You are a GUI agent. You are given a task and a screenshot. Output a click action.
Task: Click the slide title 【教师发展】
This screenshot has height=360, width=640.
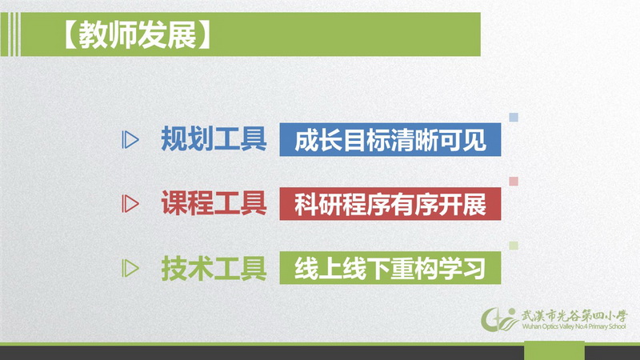point(138,34)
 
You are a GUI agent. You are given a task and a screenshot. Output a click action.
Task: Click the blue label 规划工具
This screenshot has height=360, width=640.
point(214,138)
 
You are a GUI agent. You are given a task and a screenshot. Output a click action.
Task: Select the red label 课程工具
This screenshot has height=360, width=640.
point(214,203)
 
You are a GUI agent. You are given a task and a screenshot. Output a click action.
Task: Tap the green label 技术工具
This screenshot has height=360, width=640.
point(214,268)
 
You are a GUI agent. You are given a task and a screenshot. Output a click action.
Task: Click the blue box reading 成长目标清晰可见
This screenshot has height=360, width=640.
point(390,139)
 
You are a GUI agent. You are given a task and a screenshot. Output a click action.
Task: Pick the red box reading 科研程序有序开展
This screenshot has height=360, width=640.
point(390,204)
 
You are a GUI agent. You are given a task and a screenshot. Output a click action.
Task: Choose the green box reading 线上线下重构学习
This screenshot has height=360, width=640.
point(390,268)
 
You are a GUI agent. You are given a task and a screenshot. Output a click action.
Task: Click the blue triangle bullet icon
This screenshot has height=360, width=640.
point(130,139)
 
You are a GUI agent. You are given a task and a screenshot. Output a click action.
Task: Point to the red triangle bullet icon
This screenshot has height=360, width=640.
point(130,204)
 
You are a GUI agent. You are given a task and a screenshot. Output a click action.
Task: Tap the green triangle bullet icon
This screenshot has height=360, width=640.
point(130,268)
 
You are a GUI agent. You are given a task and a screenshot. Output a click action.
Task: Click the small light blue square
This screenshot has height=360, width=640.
point(514,118)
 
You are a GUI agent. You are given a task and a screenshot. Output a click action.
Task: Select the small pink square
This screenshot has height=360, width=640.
point(514,182)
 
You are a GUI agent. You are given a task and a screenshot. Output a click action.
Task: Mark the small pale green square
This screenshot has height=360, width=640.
point(514,246)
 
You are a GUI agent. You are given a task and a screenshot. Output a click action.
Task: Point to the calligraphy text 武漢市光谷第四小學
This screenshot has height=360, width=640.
point(574,316)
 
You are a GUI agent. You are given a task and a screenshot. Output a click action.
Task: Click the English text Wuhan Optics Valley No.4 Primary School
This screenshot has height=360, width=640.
point(574,326)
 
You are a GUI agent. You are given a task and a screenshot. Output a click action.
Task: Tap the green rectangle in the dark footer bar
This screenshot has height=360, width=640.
point(554,350)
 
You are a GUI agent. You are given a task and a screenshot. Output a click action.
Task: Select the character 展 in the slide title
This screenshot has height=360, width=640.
point(182,34)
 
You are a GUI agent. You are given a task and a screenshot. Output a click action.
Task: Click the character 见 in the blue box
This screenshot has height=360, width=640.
point(474,140)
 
